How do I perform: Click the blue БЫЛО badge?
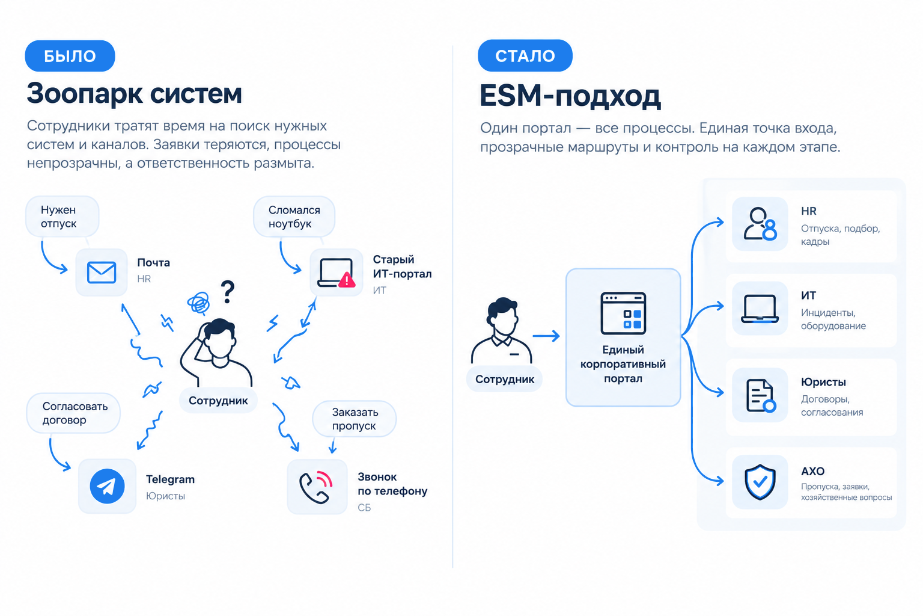click(70, 56)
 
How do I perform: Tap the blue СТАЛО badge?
click(525, 55)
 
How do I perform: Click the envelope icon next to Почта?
click(102, 273)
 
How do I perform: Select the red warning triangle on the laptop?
click(347, 280)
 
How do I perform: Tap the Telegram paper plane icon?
click(107, 486)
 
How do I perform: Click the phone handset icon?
click(314, 489)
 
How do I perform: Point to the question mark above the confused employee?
click(228, 292)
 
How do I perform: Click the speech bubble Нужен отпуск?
click(62, 217)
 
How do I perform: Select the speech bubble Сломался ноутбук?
click(294, 217)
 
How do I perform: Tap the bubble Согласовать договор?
click(73, 413)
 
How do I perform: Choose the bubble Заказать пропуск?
click(355, 419)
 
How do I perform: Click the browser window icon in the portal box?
click(623, 313)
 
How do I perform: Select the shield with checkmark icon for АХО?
click(760, 482)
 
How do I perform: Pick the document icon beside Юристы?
click(761, 396)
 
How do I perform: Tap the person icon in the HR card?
click(760, 224)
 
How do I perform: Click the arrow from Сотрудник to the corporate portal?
click(546, 336)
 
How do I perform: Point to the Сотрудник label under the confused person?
click(218, 400)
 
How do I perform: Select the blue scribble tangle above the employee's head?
click(199, 303)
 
